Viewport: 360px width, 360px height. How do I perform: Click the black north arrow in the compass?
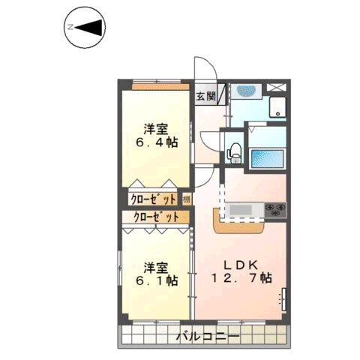click(x=89, y=27)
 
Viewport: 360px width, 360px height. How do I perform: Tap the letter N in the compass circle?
click(x=70, y=27)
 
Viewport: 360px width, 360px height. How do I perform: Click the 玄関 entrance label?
click(x=205, y=96)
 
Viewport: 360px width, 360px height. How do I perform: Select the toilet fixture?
click(x=234, y=153)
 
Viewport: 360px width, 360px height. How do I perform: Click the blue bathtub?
click(x=267, y=159)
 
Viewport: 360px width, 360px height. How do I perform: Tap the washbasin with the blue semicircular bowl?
click(x=246, y=91)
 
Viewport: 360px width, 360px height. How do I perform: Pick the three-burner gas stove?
click(x=275, y=210)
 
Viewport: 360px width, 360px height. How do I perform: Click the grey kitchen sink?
click(x=241, y=209)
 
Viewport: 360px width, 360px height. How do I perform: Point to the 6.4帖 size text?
click(x=157, y=142)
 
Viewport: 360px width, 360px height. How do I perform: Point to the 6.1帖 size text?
click(x=157, y=280)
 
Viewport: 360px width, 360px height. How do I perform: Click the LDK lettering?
click(x=241, y=265)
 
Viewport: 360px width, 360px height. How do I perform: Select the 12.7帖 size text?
click(x=241, y=277)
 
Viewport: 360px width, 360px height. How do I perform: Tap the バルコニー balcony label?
click(x=208, y=337)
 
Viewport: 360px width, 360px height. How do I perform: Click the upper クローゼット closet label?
click(x=153, y=199)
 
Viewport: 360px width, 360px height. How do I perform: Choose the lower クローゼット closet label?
click(x=156, y=217)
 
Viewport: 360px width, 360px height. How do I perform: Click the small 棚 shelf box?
click(x=187, y=199)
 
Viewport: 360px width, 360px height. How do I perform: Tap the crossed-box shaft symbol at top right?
click(x=276, y=88)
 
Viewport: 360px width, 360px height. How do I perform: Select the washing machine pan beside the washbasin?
click(x=277, y=107)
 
